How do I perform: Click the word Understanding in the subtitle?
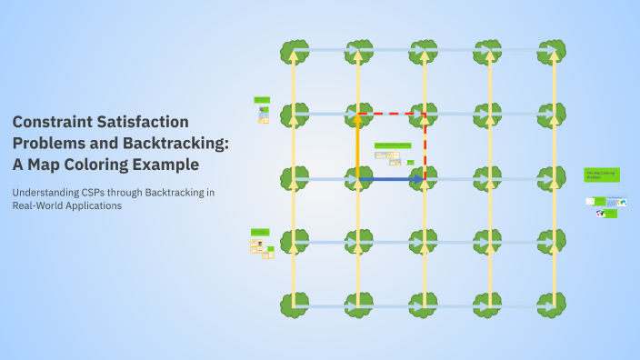(46, 192)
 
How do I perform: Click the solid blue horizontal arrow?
(389, 180)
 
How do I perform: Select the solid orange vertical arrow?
(358, 145)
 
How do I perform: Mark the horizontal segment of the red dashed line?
(391, 114)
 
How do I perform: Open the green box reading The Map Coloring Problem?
(601, 174)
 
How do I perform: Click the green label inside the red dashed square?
(393, 145)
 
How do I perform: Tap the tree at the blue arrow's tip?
(425, 179)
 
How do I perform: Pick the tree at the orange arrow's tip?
(358, 115)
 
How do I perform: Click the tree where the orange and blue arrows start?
(358, 179)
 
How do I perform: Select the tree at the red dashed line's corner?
(425, 115)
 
